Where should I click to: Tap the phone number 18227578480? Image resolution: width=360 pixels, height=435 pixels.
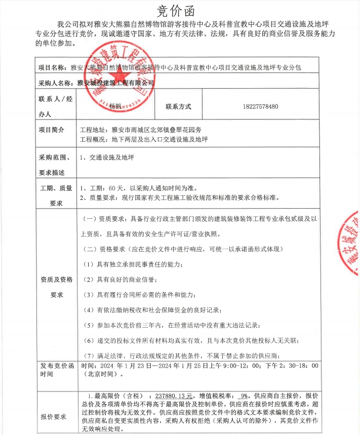tap(260, 107)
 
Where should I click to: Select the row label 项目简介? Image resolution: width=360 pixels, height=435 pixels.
tap(52, 130)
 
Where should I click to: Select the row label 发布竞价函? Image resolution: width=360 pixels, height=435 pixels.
tap(56, 366)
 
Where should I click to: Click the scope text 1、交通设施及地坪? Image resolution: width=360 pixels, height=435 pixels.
tap(106, 158)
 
